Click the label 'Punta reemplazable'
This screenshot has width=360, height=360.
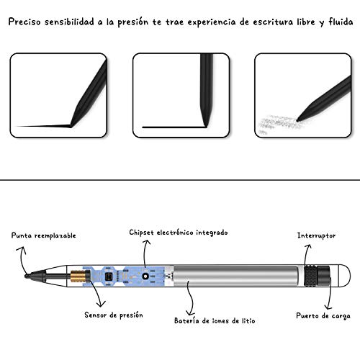(x=43, y=235)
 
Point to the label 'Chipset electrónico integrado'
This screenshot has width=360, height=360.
(x=178, y=233)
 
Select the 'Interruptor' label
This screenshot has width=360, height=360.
(x=317, y=235)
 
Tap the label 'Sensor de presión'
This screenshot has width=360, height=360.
(x=113, y=315)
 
